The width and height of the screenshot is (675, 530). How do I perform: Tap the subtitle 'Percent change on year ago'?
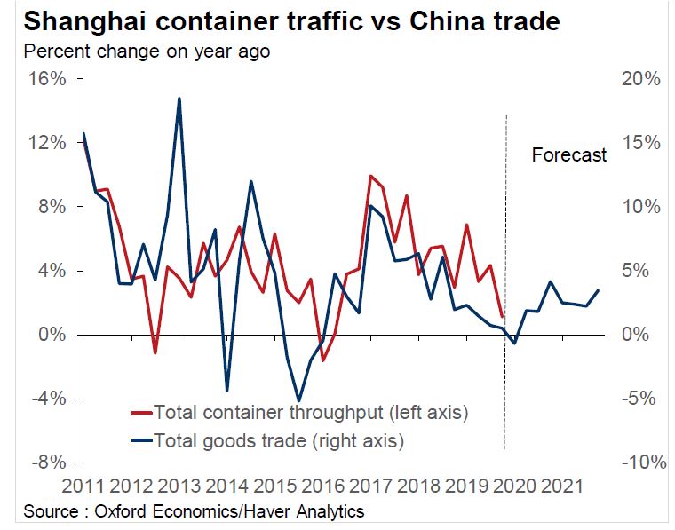(x=147, y=51)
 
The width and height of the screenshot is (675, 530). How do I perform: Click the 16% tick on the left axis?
(x=47, y=79)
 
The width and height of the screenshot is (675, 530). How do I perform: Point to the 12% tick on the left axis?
(x=47, y=143)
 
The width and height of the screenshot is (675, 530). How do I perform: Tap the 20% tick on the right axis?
(x=639, y=79)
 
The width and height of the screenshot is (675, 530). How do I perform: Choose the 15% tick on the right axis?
(x=639, y=143)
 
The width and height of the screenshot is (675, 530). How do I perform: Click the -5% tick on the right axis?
(x=641, y=399)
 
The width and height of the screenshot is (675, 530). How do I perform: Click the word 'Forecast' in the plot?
(x=568, y=155)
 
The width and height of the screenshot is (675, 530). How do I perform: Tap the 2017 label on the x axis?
(x=369, y=486)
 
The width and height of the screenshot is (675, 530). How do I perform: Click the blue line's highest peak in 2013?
(x=179, y=99)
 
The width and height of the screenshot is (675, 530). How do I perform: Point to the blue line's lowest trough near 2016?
(x=298, y=401)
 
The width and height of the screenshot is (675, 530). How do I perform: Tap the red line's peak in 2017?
(x=370, y=176)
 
